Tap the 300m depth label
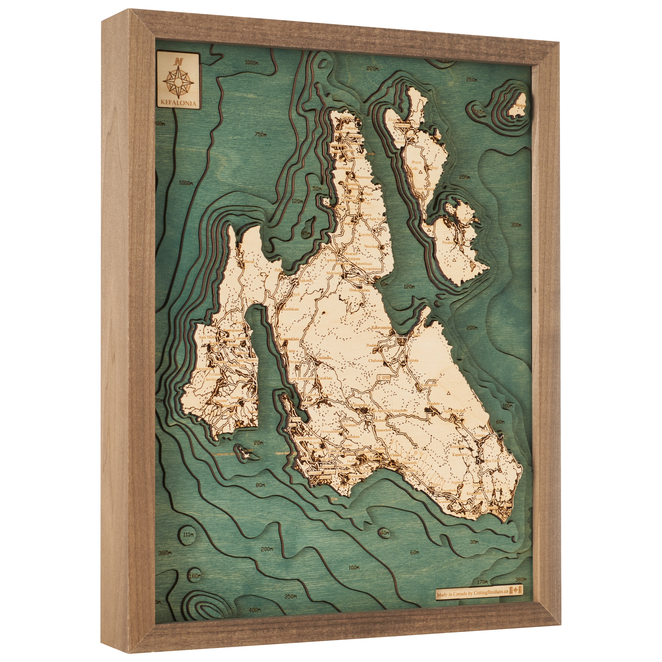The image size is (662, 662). tap(516, 225)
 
